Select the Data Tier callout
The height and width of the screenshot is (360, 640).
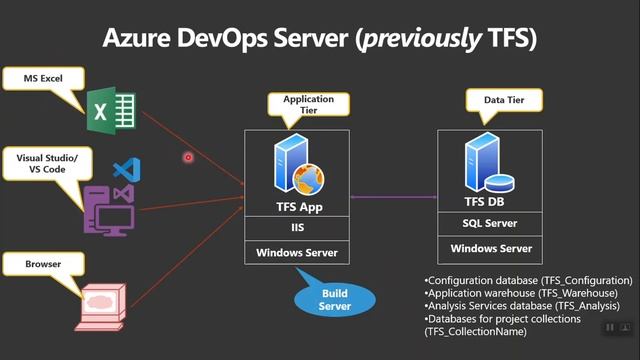(504, 100)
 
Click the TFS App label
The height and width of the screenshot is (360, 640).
(298, 207)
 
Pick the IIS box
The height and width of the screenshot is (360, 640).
(298, 229)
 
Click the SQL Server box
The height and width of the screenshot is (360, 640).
(490, 223)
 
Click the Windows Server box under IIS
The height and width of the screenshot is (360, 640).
(298, 252)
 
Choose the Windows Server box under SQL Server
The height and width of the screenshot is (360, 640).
(490, 248)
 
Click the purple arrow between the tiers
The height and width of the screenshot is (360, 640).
(394, 197)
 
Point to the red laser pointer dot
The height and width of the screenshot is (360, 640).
(187, 157)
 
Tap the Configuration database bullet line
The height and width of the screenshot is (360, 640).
(528, 280)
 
